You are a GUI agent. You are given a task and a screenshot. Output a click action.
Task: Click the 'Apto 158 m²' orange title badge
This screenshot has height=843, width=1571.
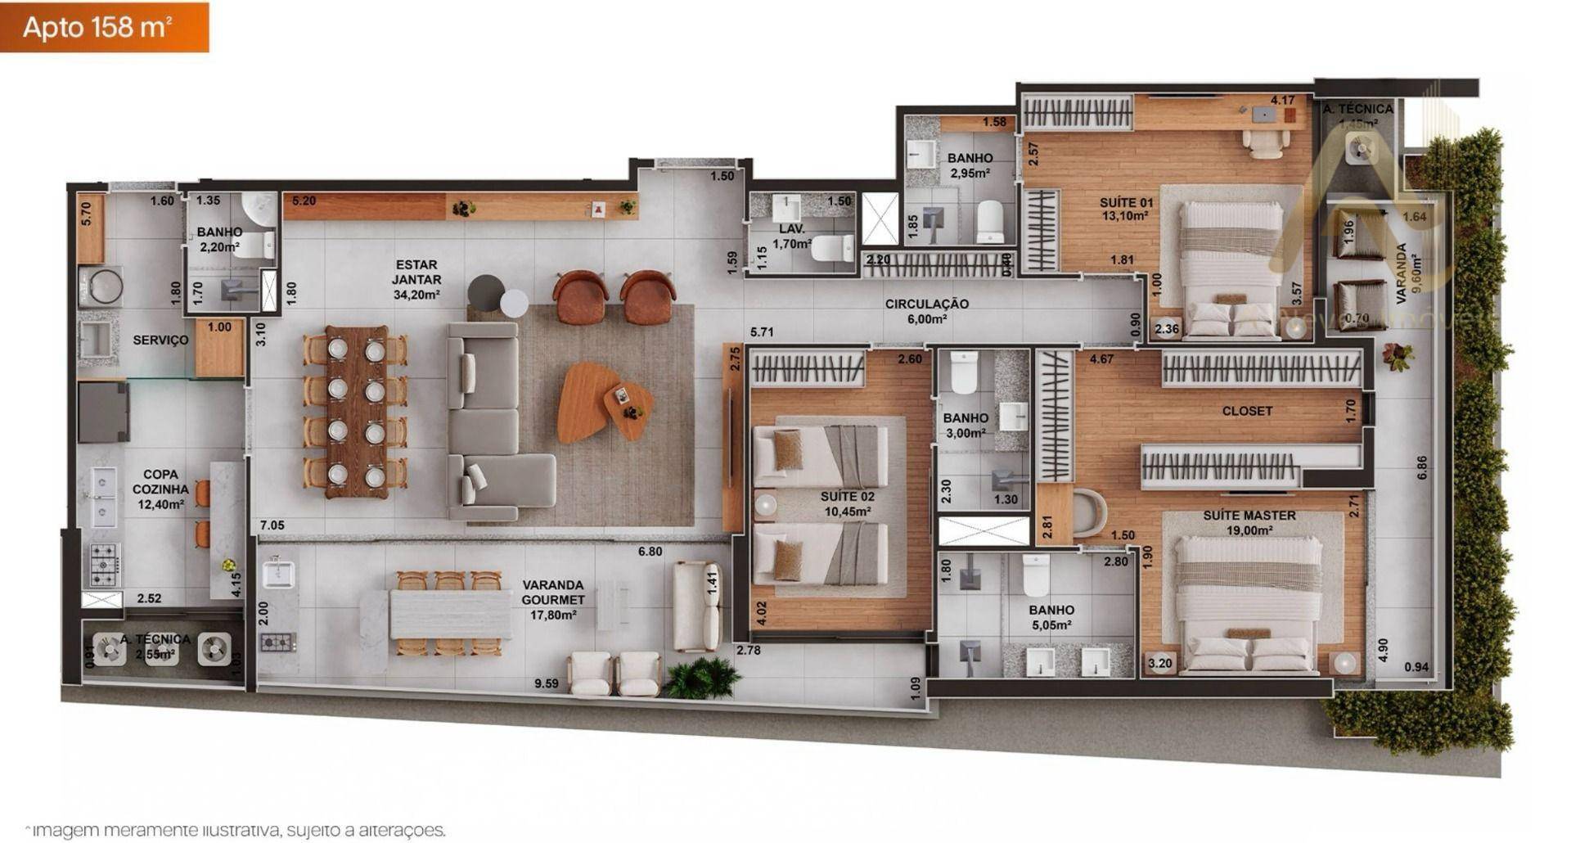point(104,27)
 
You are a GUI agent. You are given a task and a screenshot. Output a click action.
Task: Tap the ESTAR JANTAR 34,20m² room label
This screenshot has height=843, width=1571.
point(416,279)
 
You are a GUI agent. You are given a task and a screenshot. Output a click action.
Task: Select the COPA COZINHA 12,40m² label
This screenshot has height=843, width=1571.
point(160,489)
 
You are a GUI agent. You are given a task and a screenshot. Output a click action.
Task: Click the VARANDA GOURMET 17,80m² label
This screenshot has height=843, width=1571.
point(553,600)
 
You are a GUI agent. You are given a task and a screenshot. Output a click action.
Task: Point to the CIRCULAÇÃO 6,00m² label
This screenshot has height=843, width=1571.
point(926,311)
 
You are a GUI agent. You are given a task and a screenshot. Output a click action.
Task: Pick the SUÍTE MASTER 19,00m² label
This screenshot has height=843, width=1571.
point(1249,522)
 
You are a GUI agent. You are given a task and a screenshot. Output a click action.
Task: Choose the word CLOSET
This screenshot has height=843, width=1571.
point(1246,411)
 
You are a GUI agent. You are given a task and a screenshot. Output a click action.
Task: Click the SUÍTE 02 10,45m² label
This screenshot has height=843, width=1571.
point(847,503)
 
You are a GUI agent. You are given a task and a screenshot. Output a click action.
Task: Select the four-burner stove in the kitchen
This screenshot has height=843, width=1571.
point(105,565)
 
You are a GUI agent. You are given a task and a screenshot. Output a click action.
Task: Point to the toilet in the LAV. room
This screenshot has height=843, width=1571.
point(833,248)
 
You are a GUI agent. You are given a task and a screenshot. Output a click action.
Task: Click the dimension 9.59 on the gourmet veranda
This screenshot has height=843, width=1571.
point(546,683)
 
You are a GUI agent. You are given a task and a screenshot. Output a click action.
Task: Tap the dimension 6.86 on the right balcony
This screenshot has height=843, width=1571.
point(1422,468)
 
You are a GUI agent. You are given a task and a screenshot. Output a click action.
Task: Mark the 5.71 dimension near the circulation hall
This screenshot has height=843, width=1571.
point(762,332)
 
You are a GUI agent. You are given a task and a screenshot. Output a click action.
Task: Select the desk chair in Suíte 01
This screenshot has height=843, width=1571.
point(1265,142)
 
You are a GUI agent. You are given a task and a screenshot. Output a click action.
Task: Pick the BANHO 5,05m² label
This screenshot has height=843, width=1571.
point(1051,617)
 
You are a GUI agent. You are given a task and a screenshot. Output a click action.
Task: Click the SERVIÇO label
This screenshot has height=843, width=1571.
point(160,340)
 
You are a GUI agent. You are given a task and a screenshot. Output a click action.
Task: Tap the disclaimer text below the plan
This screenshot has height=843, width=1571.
point(235,830)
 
